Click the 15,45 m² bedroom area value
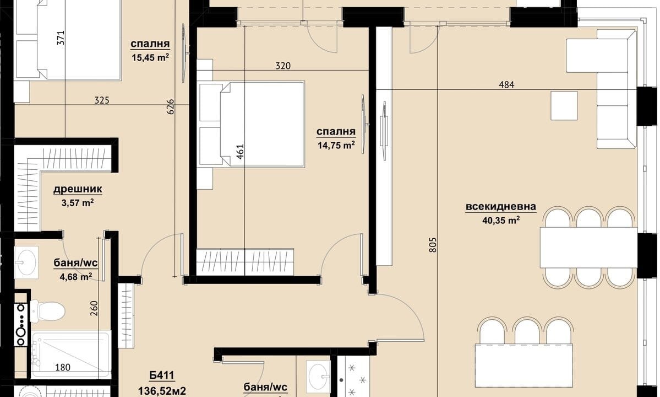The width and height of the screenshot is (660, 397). pyautogui.click(x=150, y=57)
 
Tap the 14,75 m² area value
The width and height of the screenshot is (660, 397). pyautogui.click(x=336, y=146)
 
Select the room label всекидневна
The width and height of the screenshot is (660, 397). pyautogui.click(x=501, y=207)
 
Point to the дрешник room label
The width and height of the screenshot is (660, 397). pyautogui.click(x=78, y=190)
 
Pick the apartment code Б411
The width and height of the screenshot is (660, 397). pyautogui.click(x=162, y=375)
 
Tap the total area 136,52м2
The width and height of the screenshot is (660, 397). pyautogui.click(x=162, y=391)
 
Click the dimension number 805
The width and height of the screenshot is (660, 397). pyautogui.click(x=433, y=245)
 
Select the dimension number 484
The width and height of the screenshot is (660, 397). pyautogui.click(x=506, y=85)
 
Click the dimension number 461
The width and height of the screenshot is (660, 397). pyautogui.click(x=240, y=152)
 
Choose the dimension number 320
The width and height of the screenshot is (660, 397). pyautogui.click(x=283, y=66)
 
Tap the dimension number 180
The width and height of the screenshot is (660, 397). pyautogui.click(x=63, y=367)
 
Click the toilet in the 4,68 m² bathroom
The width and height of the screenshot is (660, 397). pyautogui.click(x=47, y=311)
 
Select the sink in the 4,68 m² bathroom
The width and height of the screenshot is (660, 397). pyautogui.click(x=26, y=262)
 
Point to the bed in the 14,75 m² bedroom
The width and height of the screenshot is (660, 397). pyautogui.click(x=252, y=124)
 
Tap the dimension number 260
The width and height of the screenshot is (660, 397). pyautogui.click(x=94, y=308)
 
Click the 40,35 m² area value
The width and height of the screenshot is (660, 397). pyautogui.click(x=501, y=221)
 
